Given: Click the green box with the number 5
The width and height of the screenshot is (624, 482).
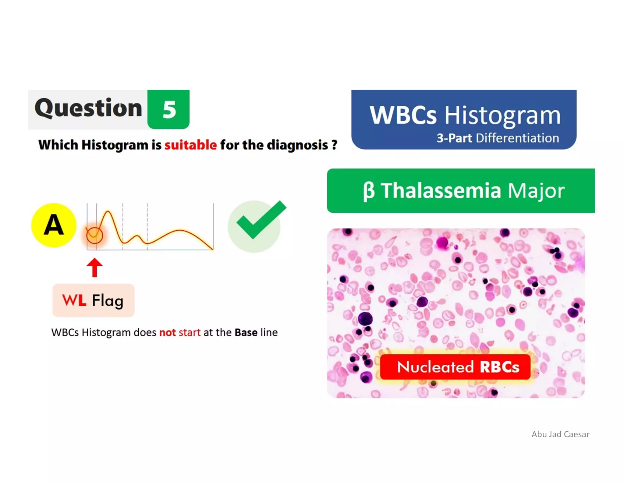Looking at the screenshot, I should pyautogui.click(x=168, y=109).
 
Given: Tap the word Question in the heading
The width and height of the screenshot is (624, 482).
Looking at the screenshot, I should pyautogui.click(x=88, y=108).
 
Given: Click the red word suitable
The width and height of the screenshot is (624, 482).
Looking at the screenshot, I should pyautogui.click(x=190, y=145).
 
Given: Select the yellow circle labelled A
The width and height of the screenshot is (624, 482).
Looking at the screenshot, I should pyautogui.click(x=54, y=225).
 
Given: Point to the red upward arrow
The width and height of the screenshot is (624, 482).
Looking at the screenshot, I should pyautogui.click(x=94, y=267).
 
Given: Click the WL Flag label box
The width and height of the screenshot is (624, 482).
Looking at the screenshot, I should pyautogui.click(x=93, y=300).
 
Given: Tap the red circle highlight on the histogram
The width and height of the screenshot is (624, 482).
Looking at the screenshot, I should pyautogui.click(x=94, y=235).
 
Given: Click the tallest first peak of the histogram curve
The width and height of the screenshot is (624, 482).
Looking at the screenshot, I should pyautogui.click(x=108, y=211).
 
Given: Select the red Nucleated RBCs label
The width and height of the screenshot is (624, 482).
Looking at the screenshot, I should pyautogui.click(x=455, y=367).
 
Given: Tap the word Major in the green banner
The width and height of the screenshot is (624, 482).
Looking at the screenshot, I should pyautogui.click(x=536, y=191).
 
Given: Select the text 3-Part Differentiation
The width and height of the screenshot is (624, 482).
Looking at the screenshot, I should pyautogui.click(x=498, y=138).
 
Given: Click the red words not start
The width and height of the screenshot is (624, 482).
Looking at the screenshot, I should pyautogui.click(x=180, y=332).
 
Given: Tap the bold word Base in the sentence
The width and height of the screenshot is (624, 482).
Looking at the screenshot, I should pyautogui.click(x=246, y=332).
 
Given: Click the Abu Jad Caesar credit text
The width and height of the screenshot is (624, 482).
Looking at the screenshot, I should pyautogui.click(x=560, y=434).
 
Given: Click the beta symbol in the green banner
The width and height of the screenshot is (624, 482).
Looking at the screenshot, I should pyautogui.click(x=368, y=191).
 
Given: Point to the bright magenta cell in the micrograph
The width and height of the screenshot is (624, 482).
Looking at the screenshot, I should pyautogui.click(x=442, y=243).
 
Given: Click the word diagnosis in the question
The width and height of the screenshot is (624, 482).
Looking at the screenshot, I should pyautogui.click(x=297, y=145).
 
